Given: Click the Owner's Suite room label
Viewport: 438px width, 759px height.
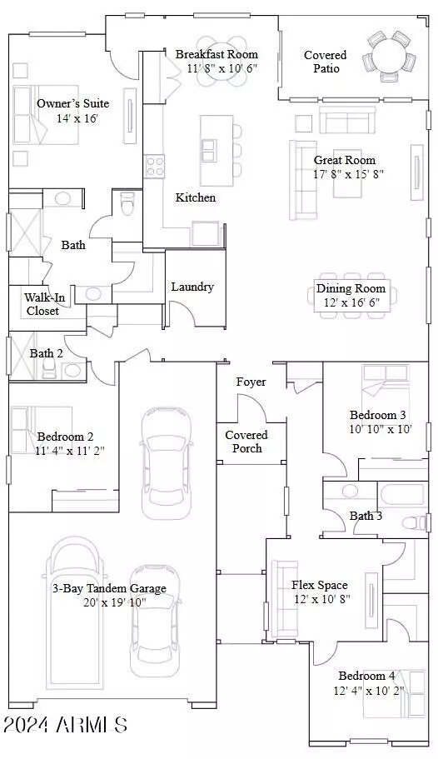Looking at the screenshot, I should pyautogui.click(x=72, y=104).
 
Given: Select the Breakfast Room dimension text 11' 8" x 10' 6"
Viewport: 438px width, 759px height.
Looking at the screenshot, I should pyautogui.click(x=217, y=68).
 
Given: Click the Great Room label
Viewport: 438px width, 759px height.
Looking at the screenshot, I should pyautogui.click(x=344, y=160).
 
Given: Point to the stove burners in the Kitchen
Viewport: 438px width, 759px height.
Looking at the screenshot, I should pyautogui.click(x=154, y=166).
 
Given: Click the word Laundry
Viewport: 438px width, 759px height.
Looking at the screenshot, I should pyautogui.click(x=192, y=287).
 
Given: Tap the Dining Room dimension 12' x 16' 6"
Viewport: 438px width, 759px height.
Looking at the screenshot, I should pyautogui.click(x=351, y=303).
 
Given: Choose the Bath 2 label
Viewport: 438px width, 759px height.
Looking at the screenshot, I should pyautogui.click(x=47, y=353).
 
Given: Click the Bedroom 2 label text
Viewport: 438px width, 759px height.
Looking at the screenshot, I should pyautogui.click(x=65, y=437).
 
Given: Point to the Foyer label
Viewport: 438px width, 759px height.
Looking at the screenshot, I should pyautogui.click(x=251, y=382).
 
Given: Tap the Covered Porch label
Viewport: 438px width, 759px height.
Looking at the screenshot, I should pyautogui.click(x=246, y=442).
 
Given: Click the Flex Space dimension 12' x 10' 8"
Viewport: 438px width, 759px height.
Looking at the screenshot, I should pyautogui.click(x=320, y=599).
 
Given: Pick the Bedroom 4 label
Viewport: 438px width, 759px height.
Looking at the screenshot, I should pyautogui.click(x=366, y=676).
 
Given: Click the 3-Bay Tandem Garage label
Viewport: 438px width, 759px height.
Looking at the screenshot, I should pyautogui.click(x=107, y=588).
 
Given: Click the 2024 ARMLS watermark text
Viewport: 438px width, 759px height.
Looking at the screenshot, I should pyautogui.click(x=64, y=725).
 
